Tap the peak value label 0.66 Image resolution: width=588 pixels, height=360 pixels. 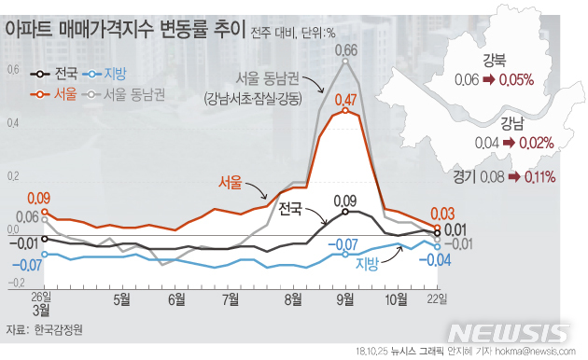coord(345,50)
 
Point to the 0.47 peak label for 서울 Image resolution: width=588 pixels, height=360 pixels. coord(345,100)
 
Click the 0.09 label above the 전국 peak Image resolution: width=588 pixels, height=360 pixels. coord(344,201)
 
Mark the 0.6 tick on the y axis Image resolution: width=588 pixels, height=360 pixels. coord(13,70)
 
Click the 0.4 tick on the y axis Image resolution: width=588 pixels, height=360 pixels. coord(13,123)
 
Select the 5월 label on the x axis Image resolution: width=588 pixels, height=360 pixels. coord(121,299)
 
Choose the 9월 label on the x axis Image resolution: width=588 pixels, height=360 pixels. coord(344,299)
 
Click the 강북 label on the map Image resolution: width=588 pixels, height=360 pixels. coord(495,62)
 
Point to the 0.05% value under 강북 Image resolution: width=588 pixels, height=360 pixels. coord(515,80)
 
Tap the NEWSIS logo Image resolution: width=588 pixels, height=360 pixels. coord(509,333)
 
